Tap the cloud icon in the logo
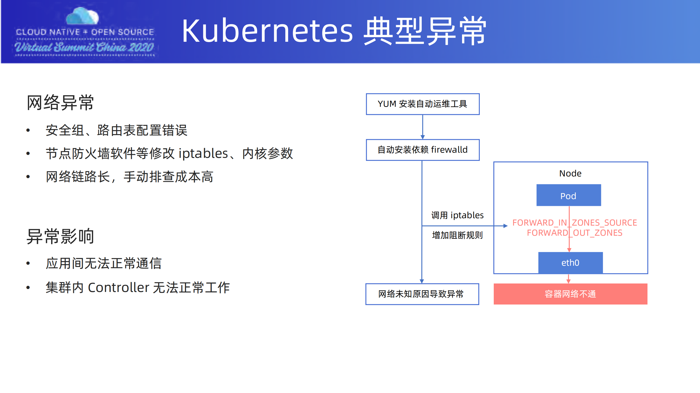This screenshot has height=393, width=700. click(x=82, y=16)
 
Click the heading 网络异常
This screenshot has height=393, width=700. click(x=60, y=103)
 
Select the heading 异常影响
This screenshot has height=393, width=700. click(x=60, y=236)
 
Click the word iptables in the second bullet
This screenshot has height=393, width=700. click(x=203, y=153)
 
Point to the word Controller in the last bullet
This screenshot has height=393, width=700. click(x=118, y=288)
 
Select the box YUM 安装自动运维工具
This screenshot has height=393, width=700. click(x=422, y=104)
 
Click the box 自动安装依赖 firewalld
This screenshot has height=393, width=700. click(x=422, y=150)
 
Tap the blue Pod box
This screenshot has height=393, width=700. click(x=568, y=195)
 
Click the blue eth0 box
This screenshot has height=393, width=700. click(x=570, y=262)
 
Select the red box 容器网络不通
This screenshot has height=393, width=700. click(x=570, y=294)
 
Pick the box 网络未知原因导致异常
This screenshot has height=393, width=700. click(x=422, y=294)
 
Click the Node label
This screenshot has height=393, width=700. click(x=570, y=173)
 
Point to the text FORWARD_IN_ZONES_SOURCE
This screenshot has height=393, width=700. click(x=574, y=223)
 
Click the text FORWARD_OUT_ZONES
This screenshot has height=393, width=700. click(x=574, y=233)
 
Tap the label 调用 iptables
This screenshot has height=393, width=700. click(x=457, y=215)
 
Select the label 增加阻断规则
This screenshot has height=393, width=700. click(x=457, y=235)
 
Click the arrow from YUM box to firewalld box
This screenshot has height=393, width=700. click(x=422, y=127)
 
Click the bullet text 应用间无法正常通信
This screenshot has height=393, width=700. click(x=103, y=263)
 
